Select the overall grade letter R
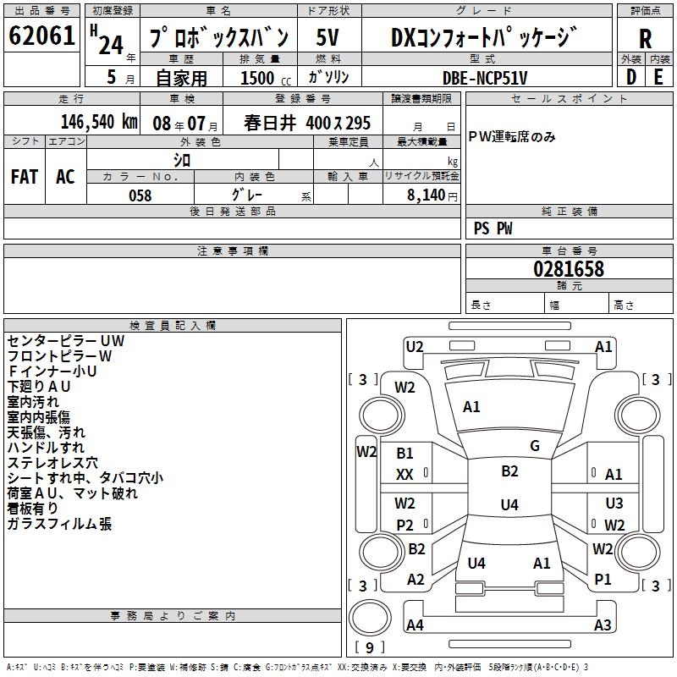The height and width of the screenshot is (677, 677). (645, 38)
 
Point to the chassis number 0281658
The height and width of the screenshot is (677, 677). (568, 270)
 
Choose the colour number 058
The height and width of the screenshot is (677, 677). (140, 195)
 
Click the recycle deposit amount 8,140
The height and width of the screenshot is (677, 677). (427, 195)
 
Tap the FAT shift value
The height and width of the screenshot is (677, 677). (25, 177)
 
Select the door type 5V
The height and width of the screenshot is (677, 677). (327, 38)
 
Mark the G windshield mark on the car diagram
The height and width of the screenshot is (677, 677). (535, 446)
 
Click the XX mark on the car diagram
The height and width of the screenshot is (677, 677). (405, 476)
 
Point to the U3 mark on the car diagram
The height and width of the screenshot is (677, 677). (614, 504)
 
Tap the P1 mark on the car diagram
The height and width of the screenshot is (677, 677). (603, 580)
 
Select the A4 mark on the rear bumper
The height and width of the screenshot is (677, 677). (415, 625)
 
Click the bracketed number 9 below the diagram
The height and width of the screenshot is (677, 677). (370, 648)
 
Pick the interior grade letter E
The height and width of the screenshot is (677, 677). (658, 77)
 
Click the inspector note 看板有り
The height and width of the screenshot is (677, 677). (34, 509)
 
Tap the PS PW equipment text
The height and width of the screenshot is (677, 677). (493, 228)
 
